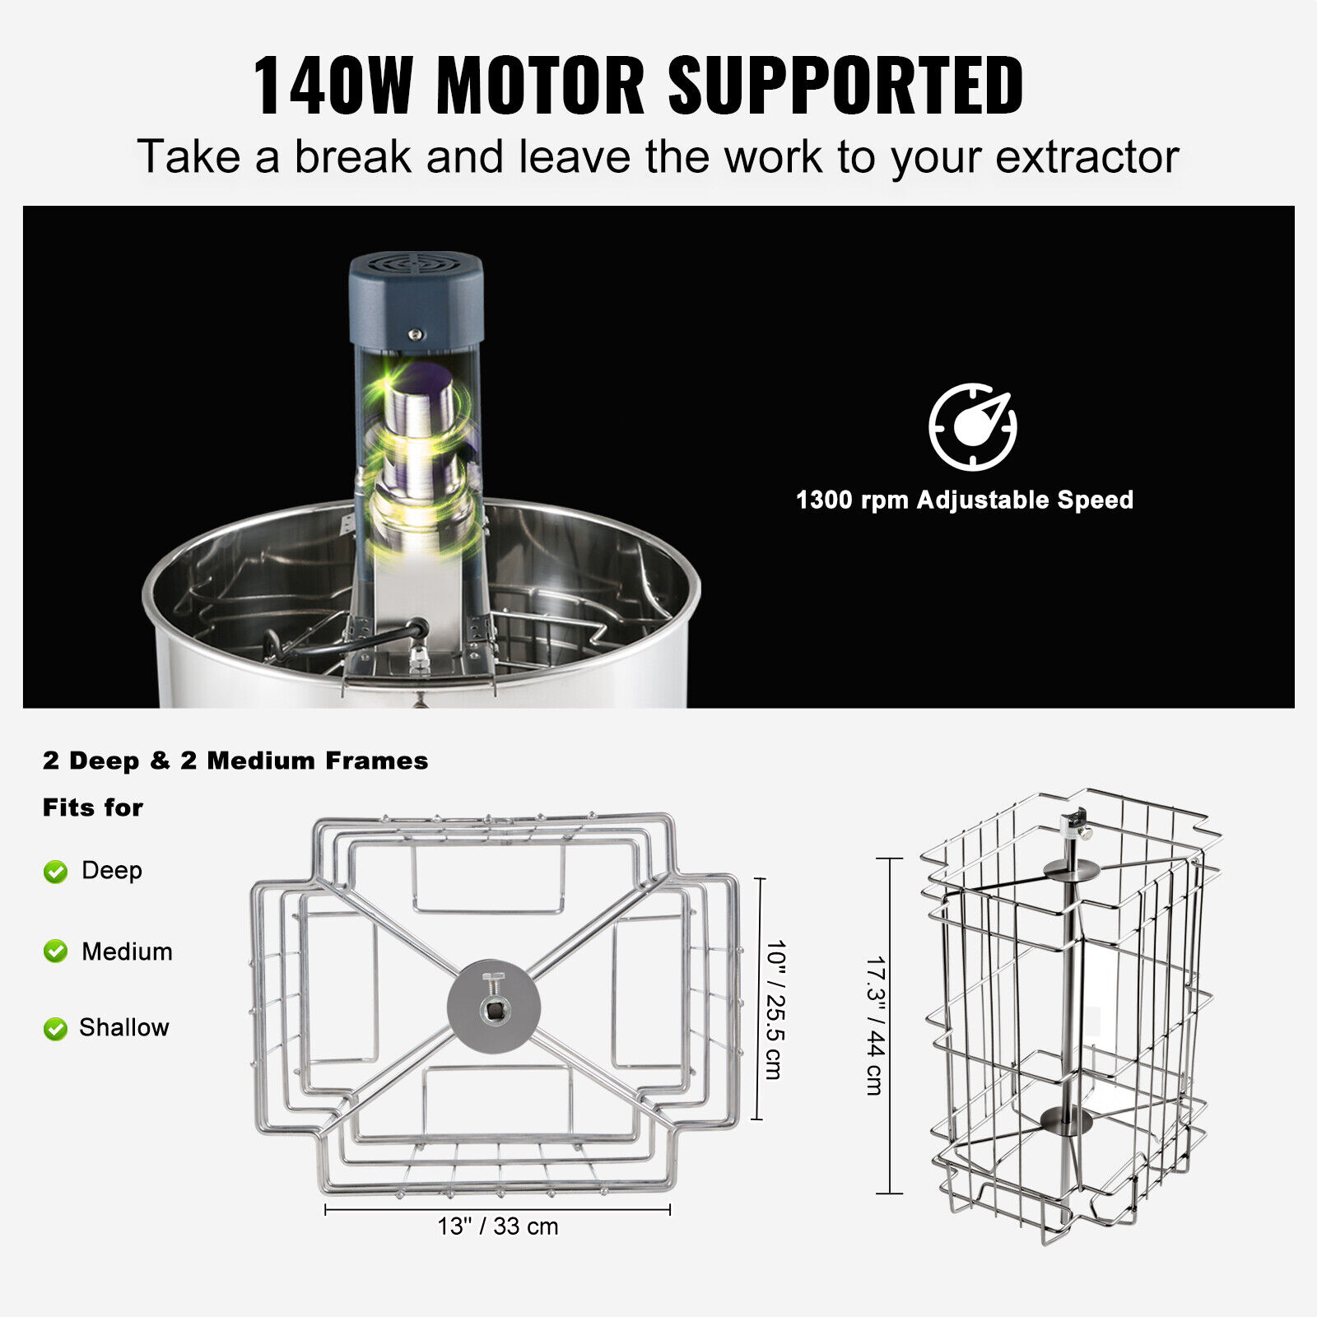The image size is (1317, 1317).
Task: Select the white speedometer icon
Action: click(973, 426)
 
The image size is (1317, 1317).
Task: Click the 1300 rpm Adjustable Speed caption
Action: click(964, 500)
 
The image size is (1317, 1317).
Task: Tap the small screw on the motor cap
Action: click(416, 334)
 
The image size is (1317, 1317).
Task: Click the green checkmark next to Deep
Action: click(55, 872)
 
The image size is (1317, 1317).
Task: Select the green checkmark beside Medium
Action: click(55, 952)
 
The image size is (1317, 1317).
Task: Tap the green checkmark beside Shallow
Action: click(55, 1028)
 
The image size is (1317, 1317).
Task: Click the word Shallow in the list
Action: click(124, 1027)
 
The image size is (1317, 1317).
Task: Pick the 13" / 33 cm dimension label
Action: click(498, 1226)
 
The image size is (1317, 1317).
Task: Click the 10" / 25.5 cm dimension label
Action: click(775, 1009)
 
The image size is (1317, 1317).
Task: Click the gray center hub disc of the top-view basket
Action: click(493, 1006)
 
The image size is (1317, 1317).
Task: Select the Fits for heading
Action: click(93, 807)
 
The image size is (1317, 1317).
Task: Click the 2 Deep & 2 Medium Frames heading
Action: click(235, 761)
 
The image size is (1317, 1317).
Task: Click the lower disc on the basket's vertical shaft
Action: click(1067, 1119)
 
